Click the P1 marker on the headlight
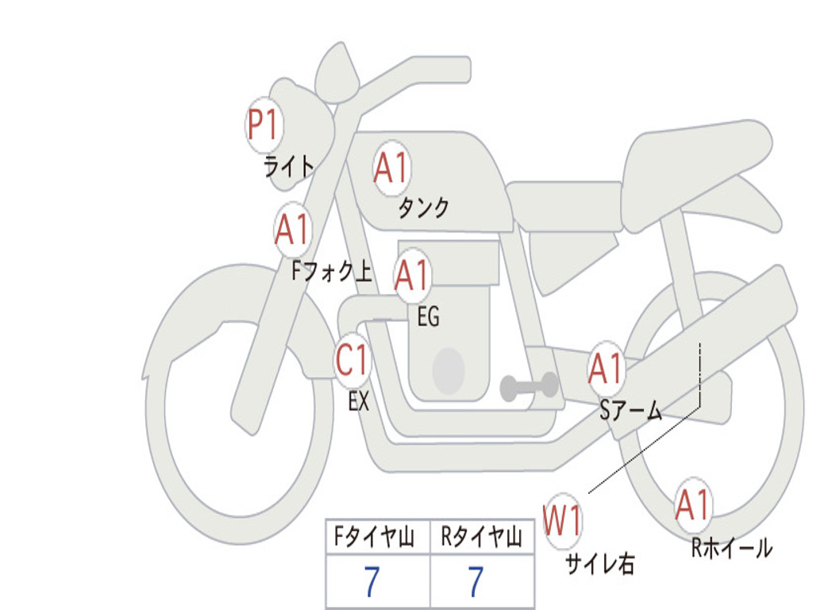click(264, 125)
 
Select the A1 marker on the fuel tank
click(391, 168)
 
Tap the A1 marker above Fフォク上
click(292, 230)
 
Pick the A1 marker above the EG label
click(412, 276)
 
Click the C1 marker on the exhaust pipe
click(353, 361)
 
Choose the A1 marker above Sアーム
click(607, 369)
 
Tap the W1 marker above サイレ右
click(562, 522)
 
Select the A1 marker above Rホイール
click(692, 506)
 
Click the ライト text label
click(289, 167)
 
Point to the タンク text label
click(423, 208)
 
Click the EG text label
click(428, 317)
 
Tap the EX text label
click(359, 402)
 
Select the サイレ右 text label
click(599, 564)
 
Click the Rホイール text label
click(731, 548)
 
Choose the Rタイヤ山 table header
click(482, 538)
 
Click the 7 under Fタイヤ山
click(372, 582)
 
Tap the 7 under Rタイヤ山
click(476, 582)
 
